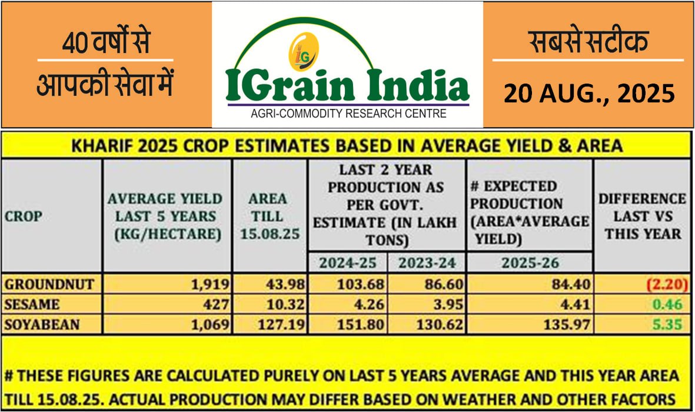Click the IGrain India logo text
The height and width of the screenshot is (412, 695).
click(x=347, y=85)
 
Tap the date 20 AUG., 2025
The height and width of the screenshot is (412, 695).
click(x=589, y=94)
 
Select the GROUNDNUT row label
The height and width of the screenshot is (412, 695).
click(x=49, y=285)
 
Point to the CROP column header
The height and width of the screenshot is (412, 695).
click(x=24, y=216)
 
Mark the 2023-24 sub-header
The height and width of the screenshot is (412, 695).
click(x=426, y=262)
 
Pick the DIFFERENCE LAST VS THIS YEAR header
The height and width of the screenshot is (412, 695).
click(x=642, y=216)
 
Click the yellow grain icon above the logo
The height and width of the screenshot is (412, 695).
click(x=304, y=52)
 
